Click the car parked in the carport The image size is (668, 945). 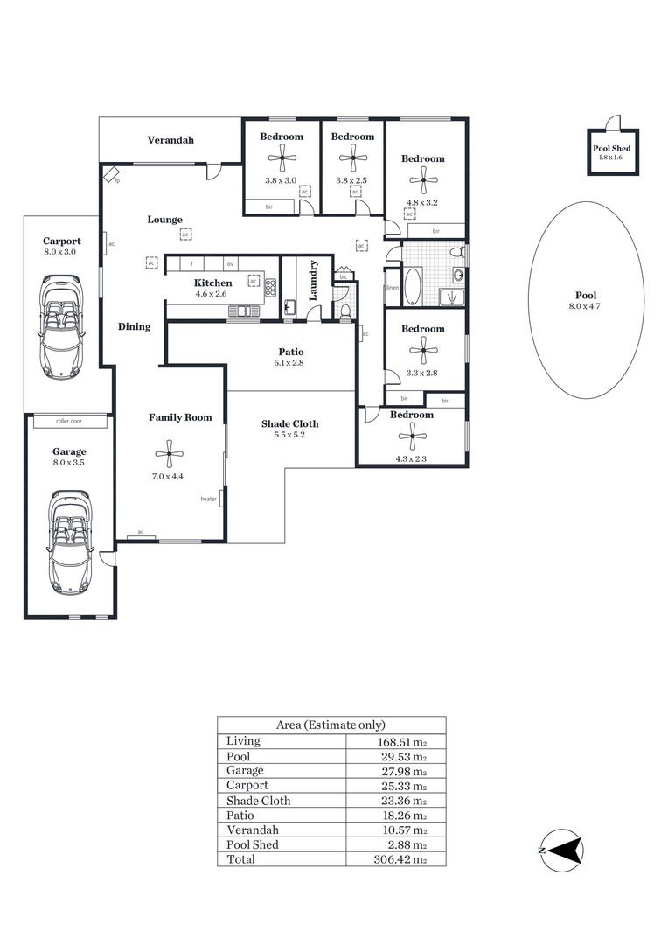pos(59,327)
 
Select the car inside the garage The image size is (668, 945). pos(70,543)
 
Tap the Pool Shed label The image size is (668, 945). pos(611,148)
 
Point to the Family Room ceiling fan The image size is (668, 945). pos(169,454)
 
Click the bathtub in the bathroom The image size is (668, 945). pos(414,288)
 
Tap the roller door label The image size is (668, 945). pos(69,421)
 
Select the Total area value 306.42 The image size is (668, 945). pos(400,859)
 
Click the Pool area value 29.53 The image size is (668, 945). pos(402,756)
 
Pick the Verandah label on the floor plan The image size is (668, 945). pos(170,140)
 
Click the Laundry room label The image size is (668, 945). pos(313,281)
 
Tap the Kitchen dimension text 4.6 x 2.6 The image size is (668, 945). pos(211,294)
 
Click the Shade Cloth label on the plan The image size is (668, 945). pos(289,423)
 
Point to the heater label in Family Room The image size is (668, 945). pos(208,499)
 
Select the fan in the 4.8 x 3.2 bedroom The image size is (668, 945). pos(423,179)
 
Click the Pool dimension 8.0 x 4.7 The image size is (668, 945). pos(585,306)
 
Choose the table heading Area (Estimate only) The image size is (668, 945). pos(331,725)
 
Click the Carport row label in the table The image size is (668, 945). pos(247,785)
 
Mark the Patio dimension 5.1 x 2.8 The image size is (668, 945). pos(289,363)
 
